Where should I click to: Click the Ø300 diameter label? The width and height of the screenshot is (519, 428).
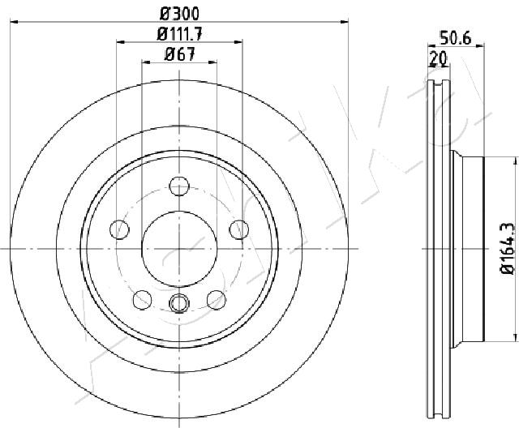pos(180,14)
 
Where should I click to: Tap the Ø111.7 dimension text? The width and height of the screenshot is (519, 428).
pos(179,34)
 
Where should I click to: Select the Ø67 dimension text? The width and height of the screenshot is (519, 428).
pos(180,54)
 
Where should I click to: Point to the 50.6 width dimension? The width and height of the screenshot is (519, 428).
pos(455,38)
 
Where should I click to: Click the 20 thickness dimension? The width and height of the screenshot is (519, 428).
pos(438,58)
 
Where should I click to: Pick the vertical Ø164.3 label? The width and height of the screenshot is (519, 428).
pos(508,248)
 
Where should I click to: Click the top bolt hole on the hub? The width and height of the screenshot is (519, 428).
pos(179,186)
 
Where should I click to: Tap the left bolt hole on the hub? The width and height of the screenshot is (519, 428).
pos(119,229)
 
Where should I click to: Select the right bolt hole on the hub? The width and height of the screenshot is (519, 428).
pos(239,229)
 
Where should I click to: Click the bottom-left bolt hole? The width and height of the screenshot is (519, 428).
pos(143,300)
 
